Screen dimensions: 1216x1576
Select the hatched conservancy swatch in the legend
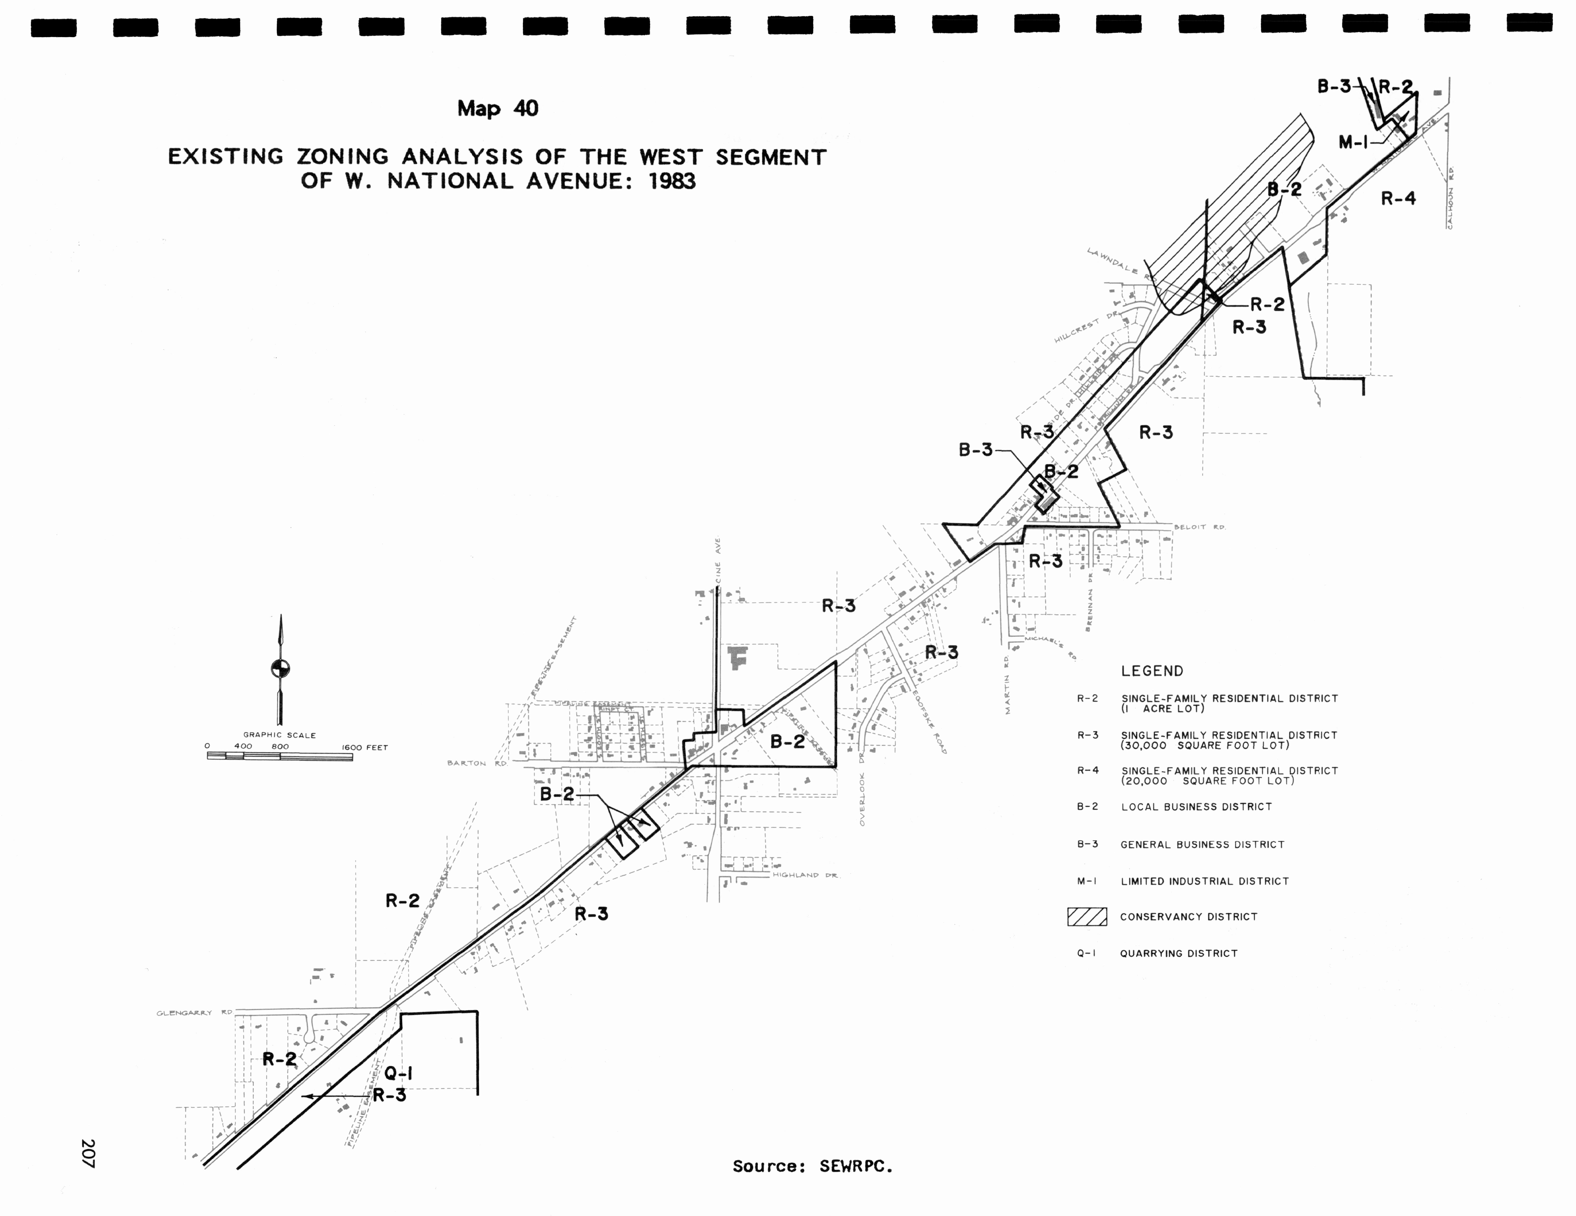coord(1087,916)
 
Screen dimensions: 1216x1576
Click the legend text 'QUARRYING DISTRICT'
coord(1178,953)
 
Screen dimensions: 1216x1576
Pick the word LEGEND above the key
coord(1152,671)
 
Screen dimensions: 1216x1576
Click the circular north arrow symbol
coord(280,668)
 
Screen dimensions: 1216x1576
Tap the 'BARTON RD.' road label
coord(476,763)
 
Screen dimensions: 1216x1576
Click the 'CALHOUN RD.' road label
coord(1450,199)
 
